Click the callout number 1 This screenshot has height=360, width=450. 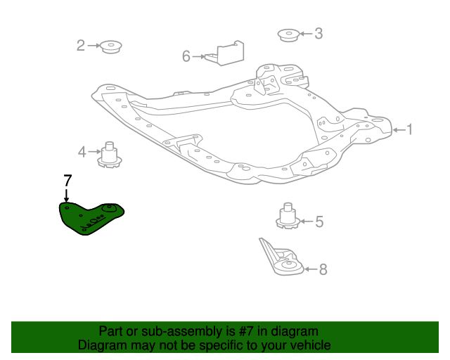[410, 129]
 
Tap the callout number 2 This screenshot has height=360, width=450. [81, 46]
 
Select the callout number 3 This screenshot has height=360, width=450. [319, 33]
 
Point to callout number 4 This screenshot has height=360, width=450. [82, 151]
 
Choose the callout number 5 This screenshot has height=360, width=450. [319, 222]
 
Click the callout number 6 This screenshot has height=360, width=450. [186, 56]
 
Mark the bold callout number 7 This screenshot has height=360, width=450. [67, 179]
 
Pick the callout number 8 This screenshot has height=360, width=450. [323, 269]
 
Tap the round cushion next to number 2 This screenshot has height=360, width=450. [111, 47]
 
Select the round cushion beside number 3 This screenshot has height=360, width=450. [288, 33]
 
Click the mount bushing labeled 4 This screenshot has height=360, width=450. [110, 154]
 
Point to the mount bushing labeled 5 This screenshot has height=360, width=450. [287, 216]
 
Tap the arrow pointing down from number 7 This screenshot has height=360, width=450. [67, 194]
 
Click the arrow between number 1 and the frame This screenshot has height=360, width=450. [397, 129]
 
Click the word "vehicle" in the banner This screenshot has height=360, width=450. [309, 345]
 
